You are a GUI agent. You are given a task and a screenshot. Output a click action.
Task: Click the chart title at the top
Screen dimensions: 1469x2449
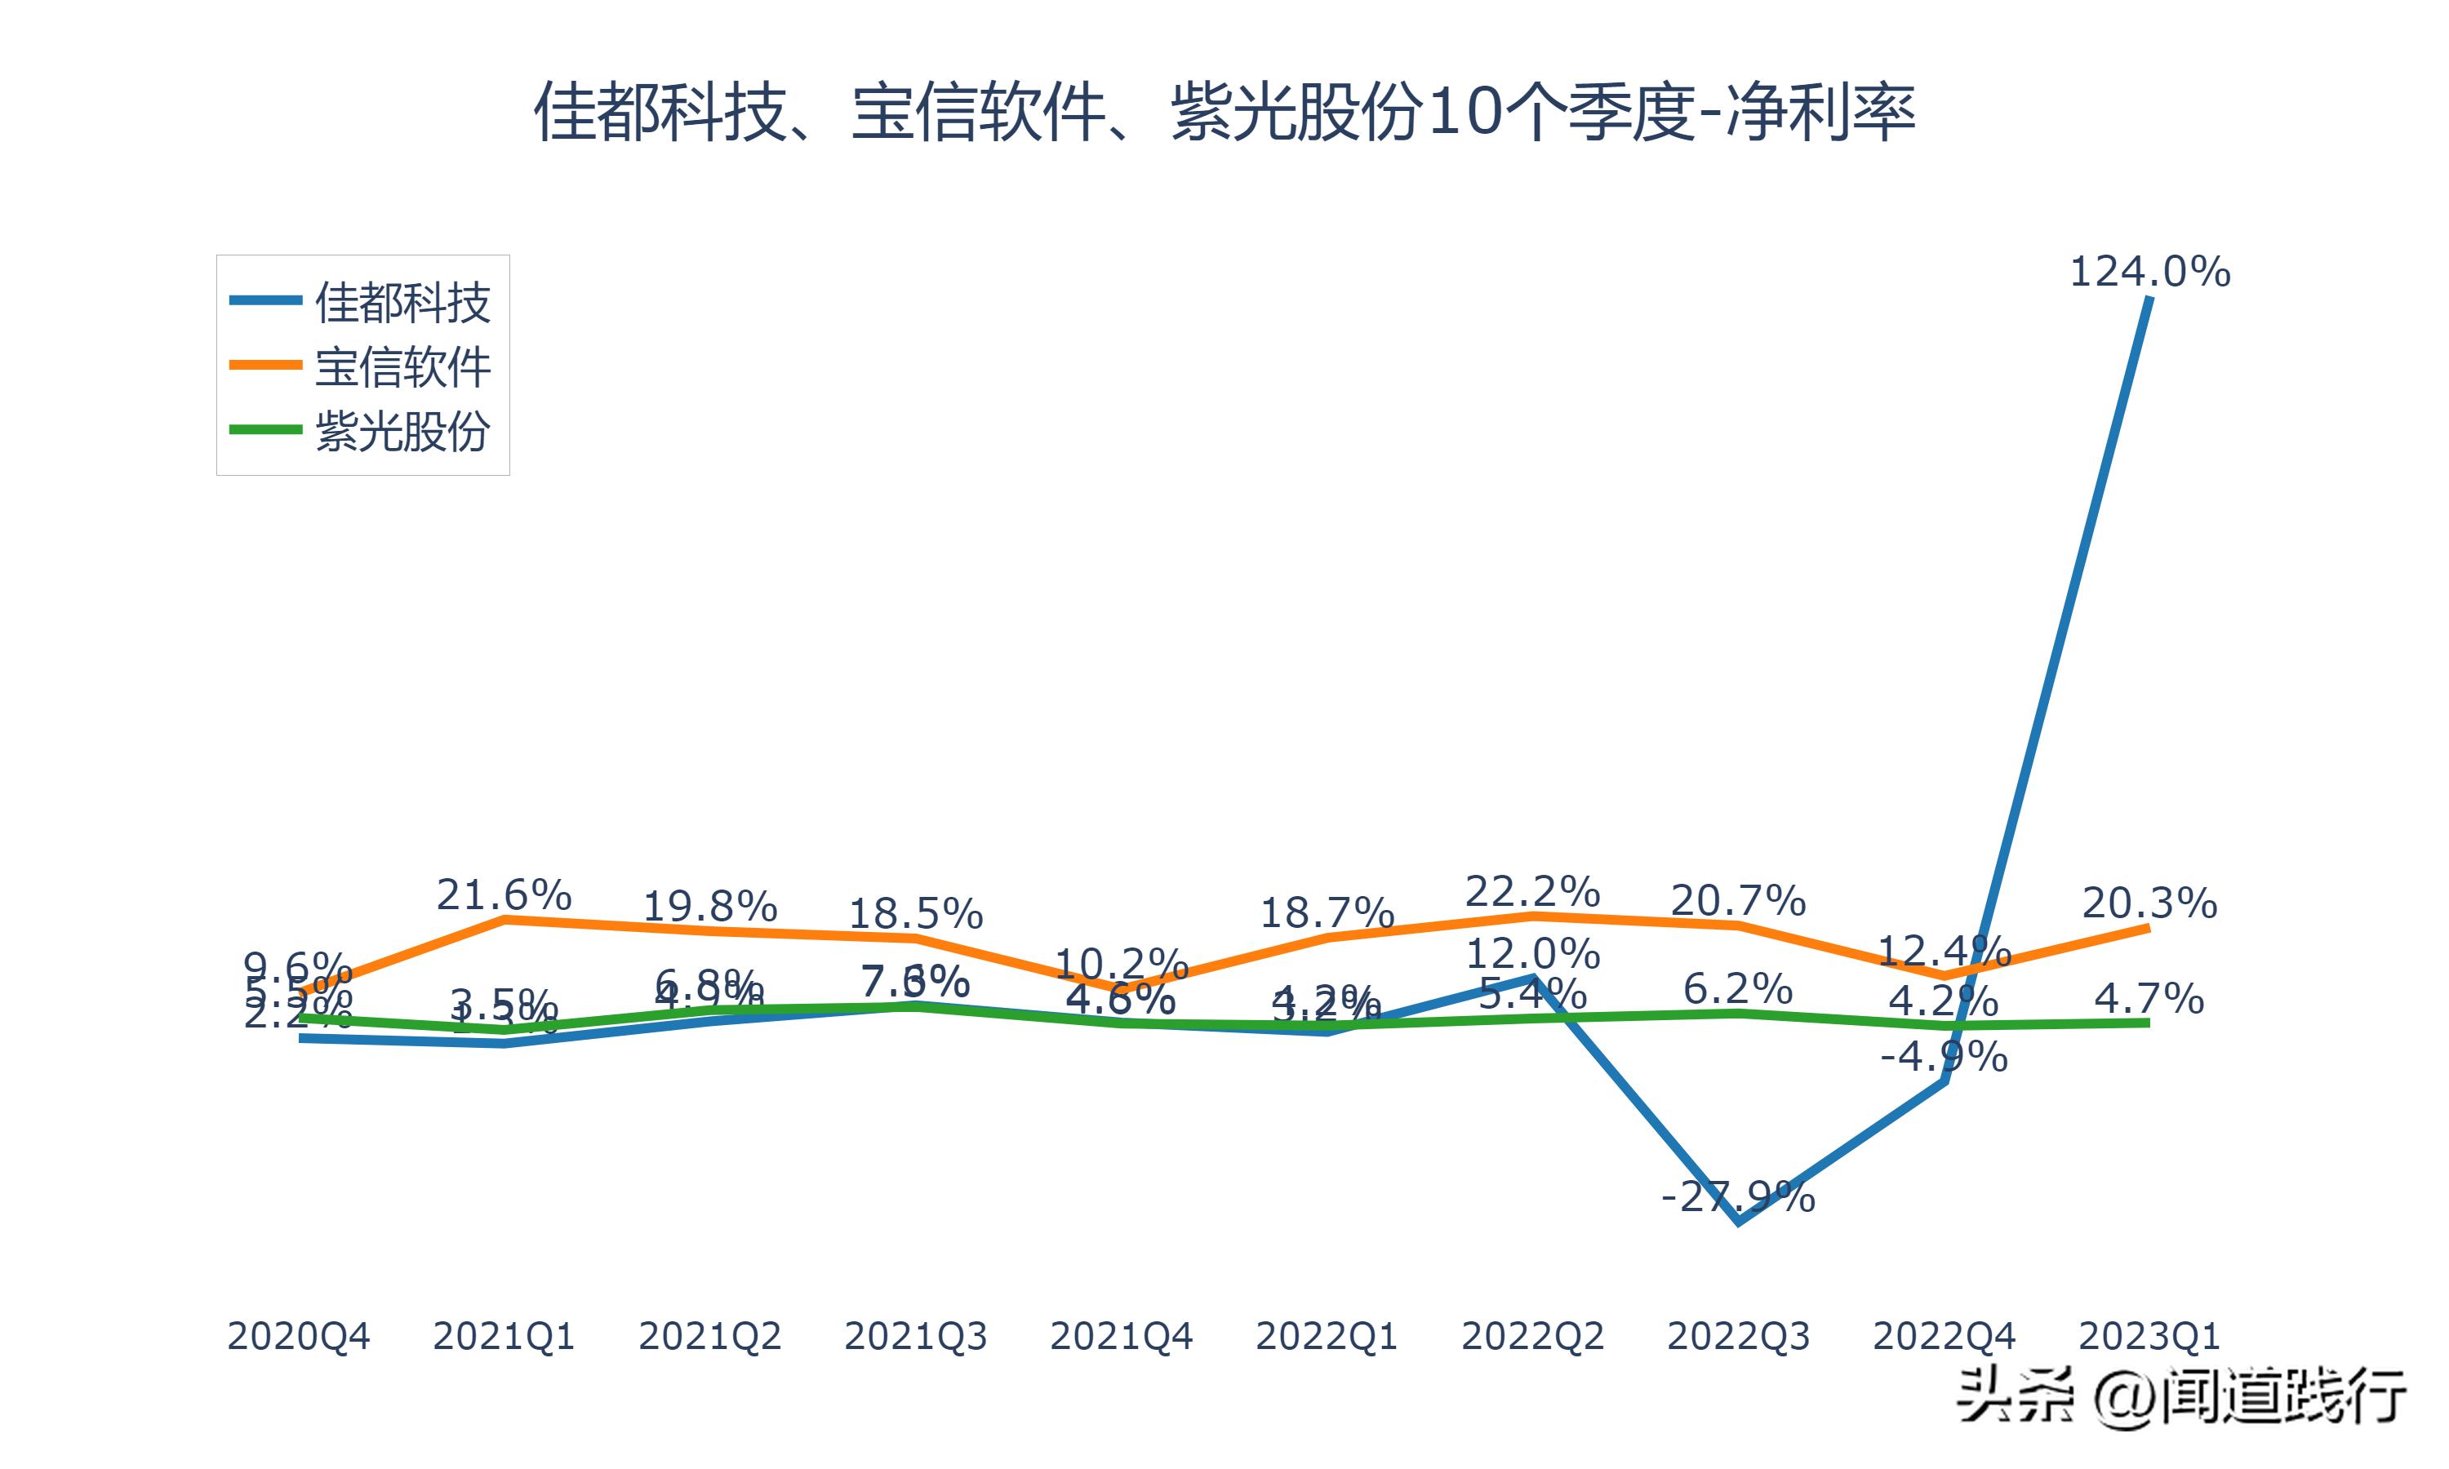[1224, 112]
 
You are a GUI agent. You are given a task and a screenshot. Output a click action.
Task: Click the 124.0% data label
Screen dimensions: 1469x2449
[2150, 271]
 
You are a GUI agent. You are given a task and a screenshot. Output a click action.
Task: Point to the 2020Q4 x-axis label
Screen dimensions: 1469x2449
[298, 1336]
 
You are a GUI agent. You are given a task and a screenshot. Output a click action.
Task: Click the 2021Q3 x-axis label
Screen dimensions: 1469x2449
[916, 1336]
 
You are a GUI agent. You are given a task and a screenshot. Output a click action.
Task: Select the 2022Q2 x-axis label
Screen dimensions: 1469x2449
[1532, 1336]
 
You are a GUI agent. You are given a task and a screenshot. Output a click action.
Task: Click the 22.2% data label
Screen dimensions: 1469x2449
[1532, 892]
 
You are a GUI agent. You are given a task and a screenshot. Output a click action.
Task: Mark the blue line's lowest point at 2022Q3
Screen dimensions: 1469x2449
[1738, 1223]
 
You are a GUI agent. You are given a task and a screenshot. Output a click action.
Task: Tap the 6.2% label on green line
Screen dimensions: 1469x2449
[1738, 989]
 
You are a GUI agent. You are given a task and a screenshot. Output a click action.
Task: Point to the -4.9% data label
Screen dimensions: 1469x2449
[1945, 1057]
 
